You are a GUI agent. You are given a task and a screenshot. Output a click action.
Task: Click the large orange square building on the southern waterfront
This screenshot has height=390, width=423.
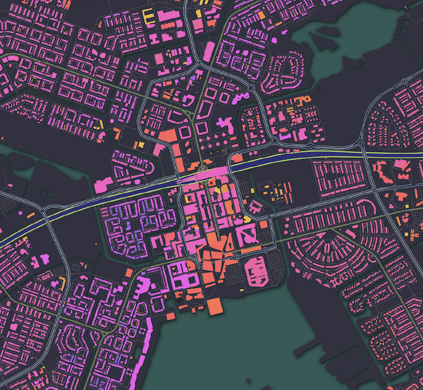point(214,307)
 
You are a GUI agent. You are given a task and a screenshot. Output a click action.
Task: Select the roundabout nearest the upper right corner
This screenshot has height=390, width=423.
point(403,82)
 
